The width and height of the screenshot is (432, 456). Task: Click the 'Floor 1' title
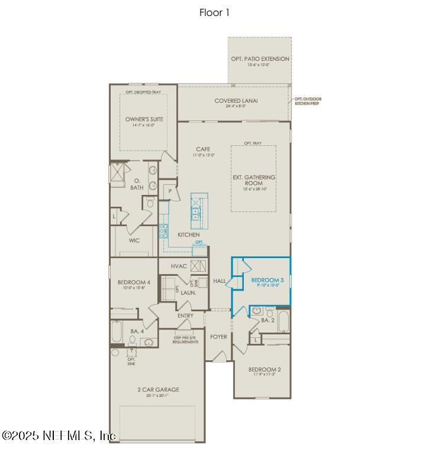(x=214, y=12)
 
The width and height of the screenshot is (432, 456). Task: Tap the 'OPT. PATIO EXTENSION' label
(x=260, y=59)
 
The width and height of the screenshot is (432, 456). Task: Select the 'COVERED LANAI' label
(x=236, y=101)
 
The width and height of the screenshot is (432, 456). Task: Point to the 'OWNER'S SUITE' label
(x=144, y=119)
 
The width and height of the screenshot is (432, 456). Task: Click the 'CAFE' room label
(x=204, y=149)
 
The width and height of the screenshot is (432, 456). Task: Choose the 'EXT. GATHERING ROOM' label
(x=253, y=180)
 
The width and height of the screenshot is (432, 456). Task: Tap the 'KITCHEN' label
(x=188, y=234)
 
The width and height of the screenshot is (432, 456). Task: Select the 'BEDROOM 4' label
(x=134, y=282)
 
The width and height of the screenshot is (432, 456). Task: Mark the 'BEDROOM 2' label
(x=265, y=369)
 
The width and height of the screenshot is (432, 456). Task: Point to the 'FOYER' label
(x=218, y=337)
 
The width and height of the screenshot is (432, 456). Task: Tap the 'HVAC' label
(x=179, y=266)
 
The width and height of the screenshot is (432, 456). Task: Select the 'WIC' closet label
(x=134, y=241)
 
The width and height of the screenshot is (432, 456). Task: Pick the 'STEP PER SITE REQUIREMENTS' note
(x=185, y=340)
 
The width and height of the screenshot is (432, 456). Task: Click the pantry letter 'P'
(x=169, y=191)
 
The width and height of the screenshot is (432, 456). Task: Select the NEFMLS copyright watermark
(x=59, y=436)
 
